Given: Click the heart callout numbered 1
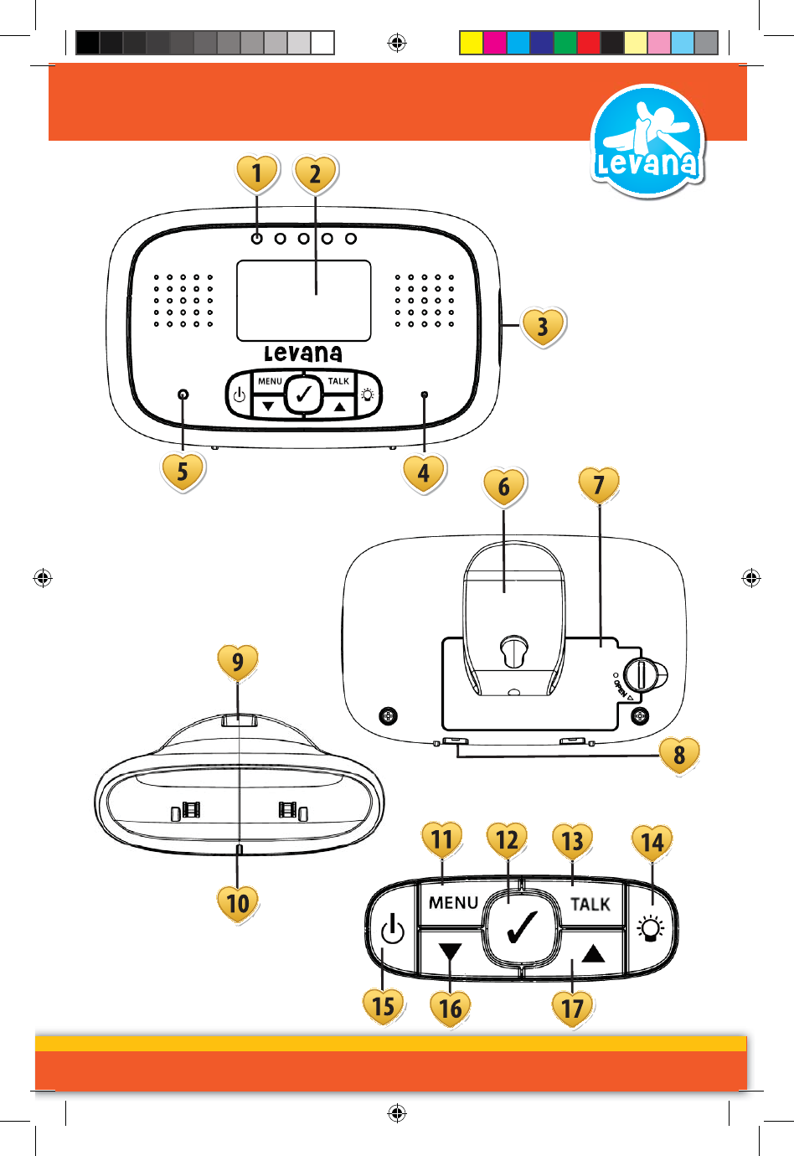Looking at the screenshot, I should coord(256,173).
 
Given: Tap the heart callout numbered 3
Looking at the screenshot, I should coord(543,326).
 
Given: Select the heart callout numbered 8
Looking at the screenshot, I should coord(679,755).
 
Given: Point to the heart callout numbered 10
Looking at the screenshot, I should coord(238,902).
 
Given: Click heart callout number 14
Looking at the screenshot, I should coord(652,842).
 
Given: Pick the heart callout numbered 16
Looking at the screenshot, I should coord(451,1007).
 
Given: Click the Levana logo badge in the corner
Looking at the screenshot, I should coord(647,142).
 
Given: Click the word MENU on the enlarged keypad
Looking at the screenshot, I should coord(453,903).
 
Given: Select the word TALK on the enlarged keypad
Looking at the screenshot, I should coord(590,904).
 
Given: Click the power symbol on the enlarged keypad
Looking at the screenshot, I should coord(392,930).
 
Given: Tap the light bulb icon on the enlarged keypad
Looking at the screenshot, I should coord(651,929).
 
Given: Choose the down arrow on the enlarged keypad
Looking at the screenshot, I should coord(450,953).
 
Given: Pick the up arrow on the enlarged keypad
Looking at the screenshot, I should coord(593,953).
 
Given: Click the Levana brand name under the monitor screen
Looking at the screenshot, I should coord(303,354).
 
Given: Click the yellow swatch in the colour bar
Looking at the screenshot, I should coord(472,43).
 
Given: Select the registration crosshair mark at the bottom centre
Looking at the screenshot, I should coord(397,1113).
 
